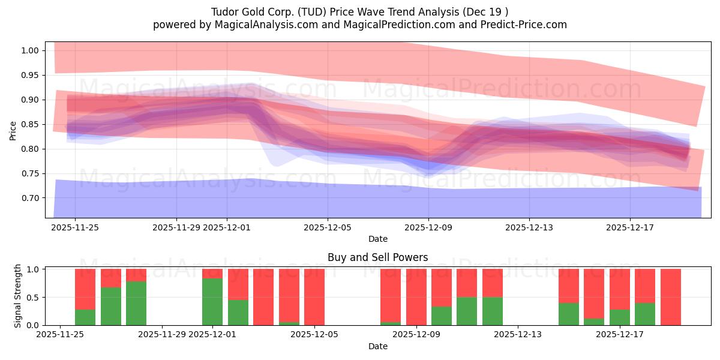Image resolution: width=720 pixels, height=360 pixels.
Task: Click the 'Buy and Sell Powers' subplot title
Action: pyautogui.click(x=377, y=257)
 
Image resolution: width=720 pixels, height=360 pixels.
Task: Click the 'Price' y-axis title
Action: pyautogui.click(x=13, y=130)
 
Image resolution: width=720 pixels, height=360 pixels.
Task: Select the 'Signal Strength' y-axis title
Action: pyautogui.click(x=18, y=296)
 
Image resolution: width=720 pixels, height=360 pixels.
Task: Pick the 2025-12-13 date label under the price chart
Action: pyautogui.click(x=529, y=227)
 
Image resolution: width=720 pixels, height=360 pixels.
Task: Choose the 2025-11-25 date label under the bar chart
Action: pyautogui.click(x=60, y=335)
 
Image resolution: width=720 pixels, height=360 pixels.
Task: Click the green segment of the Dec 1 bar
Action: pyautogui.click(x=212, y=301)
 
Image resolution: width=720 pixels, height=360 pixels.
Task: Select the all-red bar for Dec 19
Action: pyautogui.click(x=670, y=297)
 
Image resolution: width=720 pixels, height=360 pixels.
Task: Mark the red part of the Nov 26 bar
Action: pyautogui.click(x=85, y=289)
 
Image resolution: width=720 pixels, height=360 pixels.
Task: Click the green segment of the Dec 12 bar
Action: pyautogui.click(x=492, y=311)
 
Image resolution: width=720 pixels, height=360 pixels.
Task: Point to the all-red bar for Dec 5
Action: pyautogui.click(x=314, y=297)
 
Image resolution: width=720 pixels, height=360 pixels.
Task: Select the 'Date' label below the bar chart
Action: pyautogui.click(x=377, y=346)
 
